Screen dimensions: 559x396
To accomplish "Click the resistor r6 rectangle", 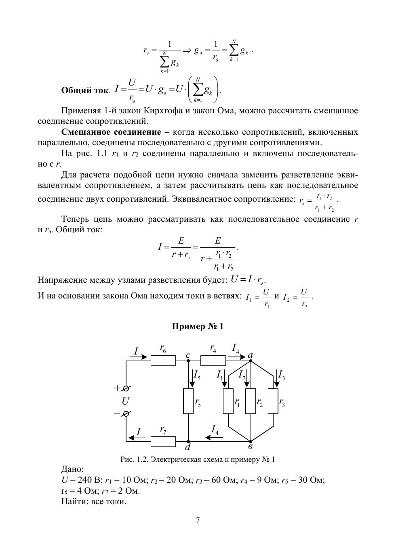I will coord(163,361).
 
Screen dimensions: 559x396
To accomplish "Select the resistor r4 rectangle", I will coord(213,361).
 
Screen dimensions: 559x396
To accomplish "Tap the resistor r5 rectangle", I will coord(188,401).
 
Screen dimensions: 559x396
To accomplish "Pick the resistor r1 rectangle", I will coord(228,401).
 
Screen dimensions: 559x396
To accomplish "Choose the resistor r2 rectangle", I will coord(251,401).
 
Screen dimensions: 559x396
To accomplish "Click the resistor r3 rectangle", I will coord(273,401).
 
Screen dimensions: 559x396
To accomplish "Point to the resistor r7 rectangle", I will coord(163,442).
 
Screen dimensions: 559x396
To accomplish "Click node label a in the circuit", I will coord(251,355).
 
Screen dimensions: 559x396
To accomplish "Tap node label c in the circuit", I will coord(188,355).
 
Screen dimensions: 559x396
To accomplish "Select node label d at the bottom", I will coord(188,448).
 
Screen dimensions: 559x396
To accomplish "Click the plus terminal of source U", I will coord(126,388).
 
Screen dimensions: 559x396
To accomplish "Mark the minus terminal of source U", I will coord(126,414).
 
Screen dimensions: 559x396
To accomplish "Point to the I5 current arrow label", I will coord(197,375).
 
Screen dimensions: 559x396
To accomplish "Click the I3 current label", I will coord(282,375).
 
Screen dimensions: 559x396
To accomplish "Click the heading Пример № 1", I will coord(198,326).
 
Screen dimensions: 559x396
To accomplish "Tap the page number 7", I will coord(198,520).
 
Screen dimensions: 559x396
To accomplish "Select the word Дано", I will coord(72,469).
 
